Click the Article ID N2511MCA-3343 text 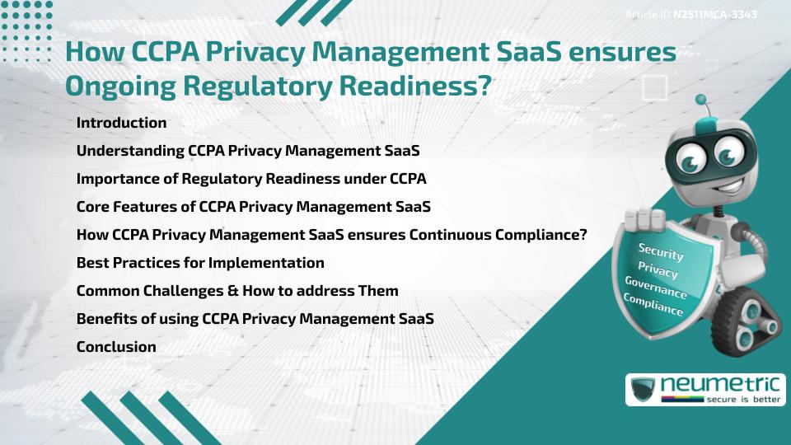pos(690,14)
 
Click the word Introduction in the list pos(121,123)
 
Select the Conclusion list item pos(116,347)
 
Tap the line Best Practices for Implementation pos(200,263)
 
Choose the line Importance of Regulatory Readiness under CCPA pos(251,179)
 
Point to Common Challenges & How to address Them pos(237,291)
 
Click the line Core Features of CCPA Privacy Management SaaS pos(253,207)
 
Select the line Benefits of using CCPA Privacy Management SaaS pos(255,319)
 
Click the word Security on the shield pos(661,251)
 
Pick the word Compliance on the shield pos(653,305)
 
